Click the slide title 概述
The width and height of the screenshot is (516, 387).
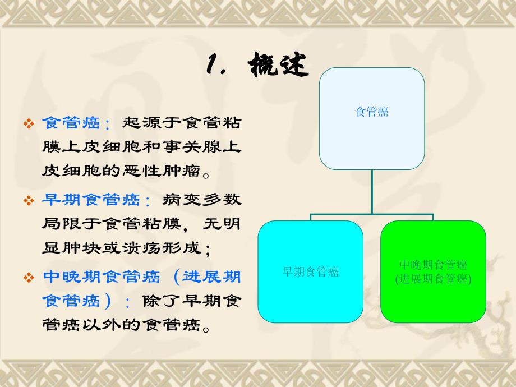[x=278, y=66]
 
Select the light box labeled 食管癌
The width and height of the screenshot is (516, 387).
[x=372, y=118]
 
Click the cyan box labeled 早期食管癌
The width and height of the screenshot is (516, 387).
[x=310, y=272]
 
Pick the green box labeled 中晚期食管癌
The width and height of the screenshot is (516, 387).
[x=433, y=272]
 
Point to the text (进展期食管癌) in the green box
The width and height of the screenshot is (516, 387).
[x=433, y=279]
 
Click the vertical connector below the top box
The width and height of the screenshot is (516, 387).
[x=372, y=191]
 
